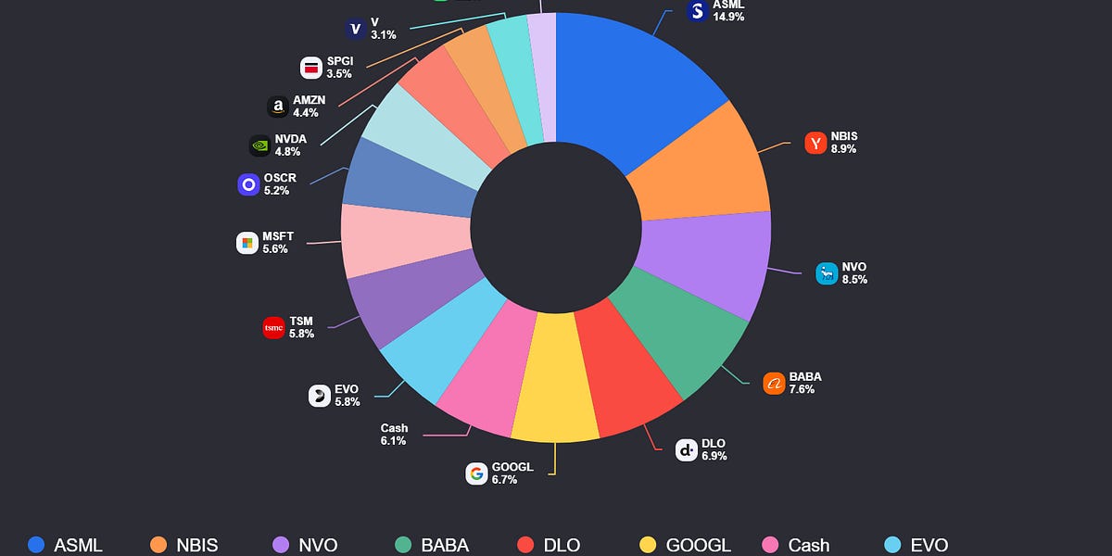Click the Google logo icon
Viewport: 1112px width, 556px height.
tap(476, 474)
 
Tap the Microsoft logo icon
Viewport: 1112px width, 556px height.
tap(247, 243)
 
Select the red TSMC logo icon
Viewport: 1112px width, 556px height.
tap(273, 328)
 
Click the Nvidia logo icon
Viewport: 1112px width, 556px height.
tap(260, 145)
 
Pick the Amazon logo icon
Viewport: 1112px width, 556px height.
tap(277, 107)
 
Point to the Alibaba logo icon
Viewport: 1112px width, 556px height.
tap(774, 383)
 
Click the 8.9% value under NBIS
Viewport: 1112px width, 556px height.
tap(843, 149)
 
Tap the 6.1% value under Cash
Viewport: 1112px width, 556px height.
tap(394, 442)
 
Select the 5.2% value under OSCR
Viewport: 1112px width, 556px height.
tap(276, 191)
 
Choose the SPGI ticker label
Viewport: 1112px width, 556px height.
tap(340, 61)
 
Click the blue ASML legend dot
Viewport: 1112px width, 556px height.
tap(36, 545)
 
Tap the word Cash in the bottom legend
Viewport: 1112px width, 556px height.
tap(809, 545)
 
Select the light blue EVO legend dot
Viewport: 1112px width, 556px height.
tap(894, 545)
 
